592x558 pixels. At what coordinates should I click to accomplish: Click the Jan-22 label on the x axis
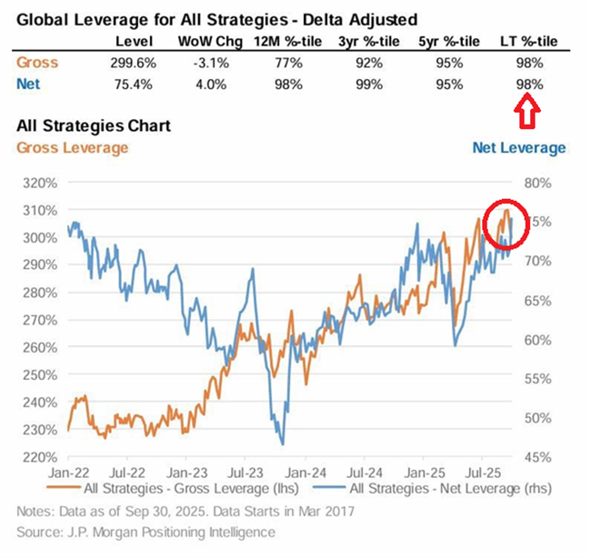coord(70,473)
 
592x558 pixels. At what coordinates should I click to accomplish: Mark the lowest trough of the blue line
coord(282,444)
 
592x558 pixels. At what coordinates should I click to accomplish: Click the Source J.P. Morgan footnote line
coord(145,532)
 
